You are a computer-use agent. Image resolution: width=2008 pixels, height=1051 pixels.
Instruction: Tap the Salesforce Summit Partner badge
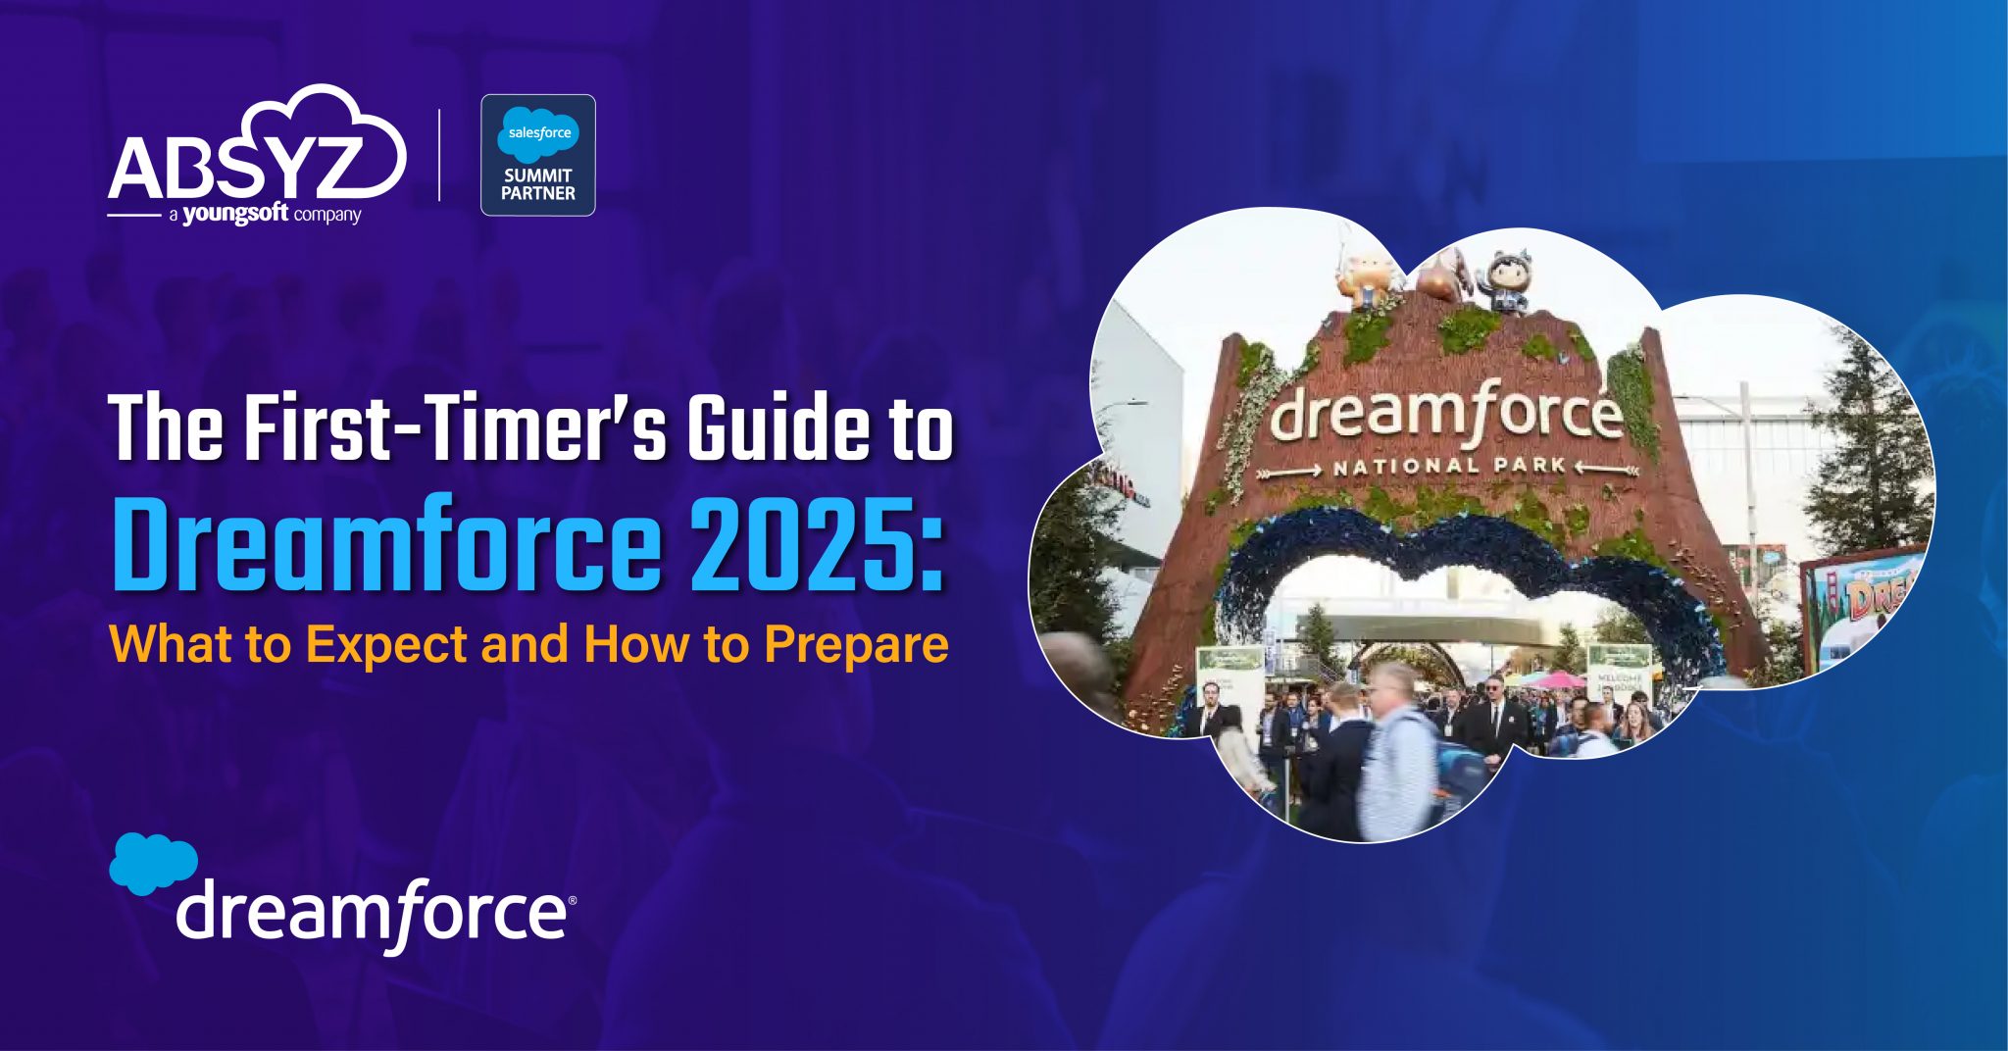[x=537, y=155]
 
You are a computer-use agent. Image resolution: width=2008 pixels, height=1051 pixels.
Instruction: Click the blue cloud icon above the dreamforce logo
[x=153, y=863]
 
